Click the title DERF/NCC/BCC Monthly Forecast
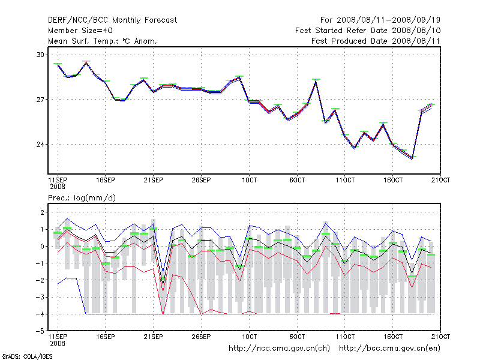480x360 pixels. (112, 20)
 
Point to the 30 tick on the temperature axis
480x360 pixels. (41, 55)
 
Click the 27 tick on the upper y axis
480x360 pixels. (41, 100)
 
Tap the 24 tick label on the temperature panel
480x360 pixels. (41, 145)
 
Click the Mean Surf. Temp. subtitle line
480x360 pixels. (103, 41)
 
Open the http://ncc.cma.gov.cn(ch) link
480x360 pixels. (280, 348)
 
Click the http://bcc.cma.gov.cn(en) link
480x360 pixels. (391, 348)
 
